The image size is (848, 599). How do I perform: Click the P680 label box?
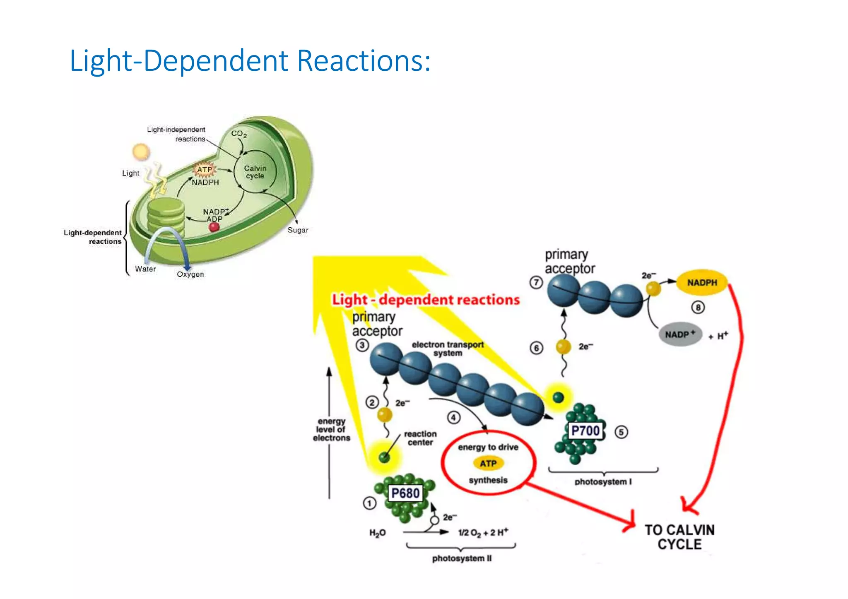tap(405, 493)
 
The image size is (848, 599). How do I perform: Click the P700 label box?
tap(585, 431)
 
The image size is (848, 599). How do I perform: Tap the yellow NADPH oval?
tap(702, 283)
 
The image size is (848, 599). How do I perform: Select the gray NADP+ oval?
tap(680, 334)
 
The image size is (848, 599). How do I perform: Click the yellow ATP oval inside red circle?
tap(488, 464)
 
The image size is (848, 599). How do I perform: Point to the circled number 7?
tap(536, 283)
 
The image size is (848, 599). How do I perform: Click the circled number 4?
tap(453, 417)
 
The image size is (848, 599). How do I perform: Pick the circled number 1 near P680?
tap(369, 503)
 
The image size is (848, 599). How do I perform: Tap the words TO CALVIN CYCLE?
tap(679, 537)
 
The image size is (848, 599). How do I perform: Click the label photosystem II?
tap(462, 558)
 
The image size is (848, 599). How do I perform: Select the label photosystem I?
tap(603, 482)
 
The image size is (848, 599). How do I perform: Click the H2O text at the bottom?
tap(377, 533)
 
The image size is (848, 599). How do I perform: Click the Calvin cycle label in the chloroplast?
tap(255, 172)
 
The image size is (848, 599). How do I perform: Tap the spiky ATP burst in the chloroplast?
tap(204, 169)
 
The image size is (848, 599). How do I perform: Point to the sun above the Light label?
tap(141, 152)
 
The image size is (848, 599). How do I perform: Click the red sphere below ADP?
tap(214, 227)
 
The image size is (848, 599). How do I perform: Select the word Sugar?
tap(298, 230)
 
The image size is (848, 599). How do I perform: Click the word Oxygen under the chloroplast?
tap(190, 274)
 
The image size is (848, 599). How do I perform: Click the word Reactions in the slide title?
tap(364, 61)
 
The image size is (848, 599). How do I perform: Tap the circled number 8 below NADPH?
tap(698, 308)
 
